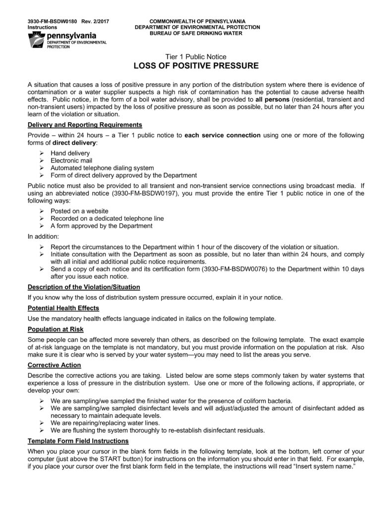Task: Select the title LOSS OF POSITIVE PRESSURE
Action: [196, 66]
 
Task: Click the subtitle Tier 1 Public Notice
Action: [196, 56]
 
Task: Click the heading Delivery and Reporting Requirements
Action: [85, 124]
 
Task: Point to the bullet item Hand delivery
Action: [70, 153]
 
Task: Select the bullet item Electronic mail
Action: [72, 161]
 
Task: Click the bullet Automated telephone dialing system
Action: [102, 168]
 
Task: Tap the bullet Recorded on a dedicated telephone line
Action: [107, 218]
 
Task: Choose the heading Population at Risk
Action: [56, 329]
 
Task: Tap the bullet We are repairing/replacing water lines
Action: [105, 423]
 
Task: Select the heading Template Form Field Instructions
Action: [78, 441]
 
